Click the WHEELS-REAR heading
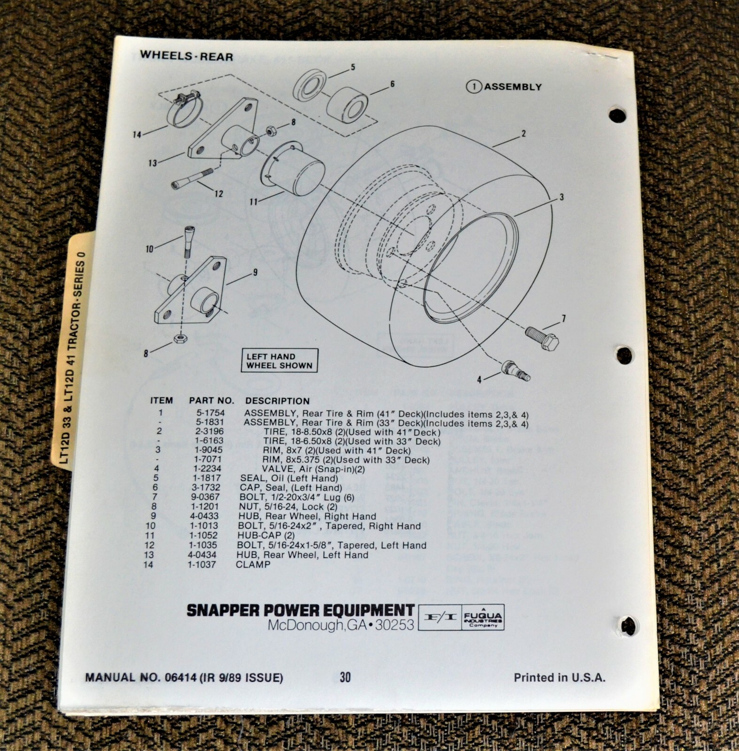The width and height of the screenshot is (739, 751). (x=186, y=56)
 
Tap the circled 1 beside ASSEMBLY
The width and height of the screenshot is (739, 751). (x=474, y=87)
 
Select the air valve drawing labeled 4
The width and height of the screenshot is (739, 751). (x=516, y=370)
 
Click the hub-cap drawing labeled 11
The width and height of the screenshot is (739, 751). (x=293, y=168)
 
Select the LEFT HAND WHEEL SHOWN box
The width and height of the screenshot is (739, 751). (x=279, y=360)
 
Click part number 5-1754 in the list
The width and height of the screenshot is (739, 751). (x=210, y=413)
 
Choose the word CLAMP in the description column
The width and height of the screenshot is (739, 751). (x=253, y=564)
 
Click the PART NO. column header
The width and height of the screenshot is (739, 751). (x=211, y=401)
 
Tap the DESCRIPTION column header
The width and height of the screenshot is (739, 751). (x=277, y=401)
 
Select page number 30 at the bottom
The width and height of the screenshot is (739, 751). (x=345, y=677)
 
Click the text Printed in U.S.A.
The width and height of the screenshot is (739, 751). (x=559, y=677)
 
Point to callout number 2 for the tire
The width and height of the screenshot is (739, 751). (x=523, y=134)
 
